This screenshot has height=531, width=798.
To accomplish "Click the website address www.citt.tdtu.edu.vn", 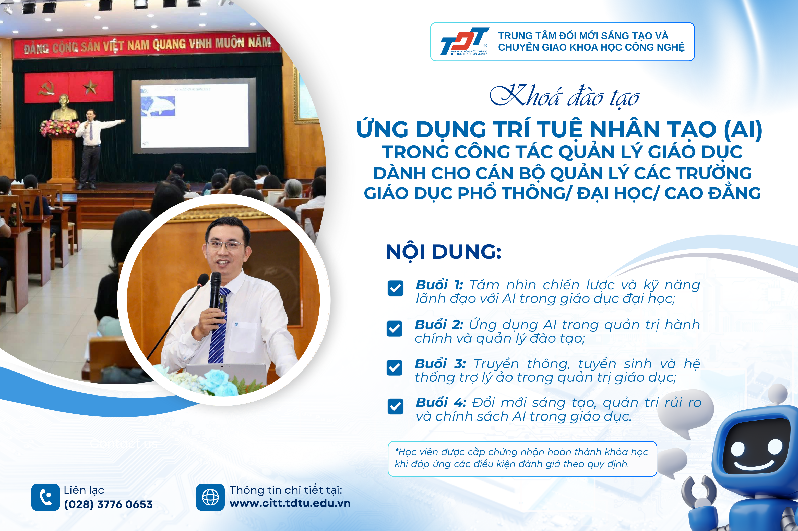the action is [290, 503].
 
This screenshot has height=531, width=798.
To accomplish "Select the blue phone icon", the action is [45, 497].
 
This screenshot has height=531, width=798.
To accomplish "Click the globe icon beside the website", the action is [210, 497].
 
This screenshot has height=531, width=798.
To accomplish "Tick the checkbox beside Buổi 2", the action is [395, 328].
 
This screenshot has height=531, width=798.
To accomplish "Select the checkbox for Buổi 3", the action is [395, 368].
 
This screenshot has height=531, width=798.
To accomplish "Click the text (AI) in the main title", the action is [743, 129].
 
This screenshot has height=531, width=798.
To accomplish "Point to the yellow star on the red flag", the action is [90, 87].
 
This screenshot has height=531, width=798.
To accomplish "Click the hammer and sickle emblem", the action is [46, 88].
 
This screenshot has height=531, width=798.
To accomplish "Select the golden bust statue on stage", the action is [64, 108].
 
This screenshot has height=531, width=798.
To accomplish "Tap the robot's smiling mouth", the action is [754, 467].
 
